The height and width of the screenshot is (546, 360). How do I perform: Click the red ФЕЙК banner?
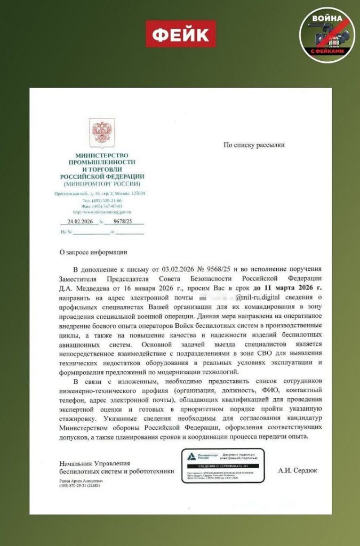[181, 34]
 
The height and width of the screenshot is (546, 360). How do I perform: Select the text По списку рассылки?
[254, 144]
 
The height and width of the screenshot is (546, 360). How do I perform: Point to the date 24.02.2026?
[80, 221]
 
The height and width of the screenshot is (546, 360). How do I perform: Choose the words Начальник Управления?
[94, 464]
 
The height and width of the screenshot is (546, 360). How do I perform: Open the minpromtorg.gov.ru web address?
[102, 212]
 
